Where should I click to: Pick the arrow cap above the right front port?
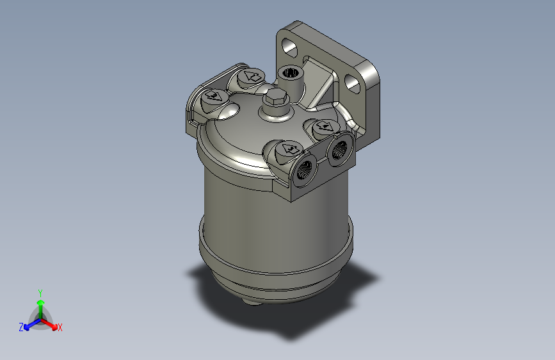(324, 129)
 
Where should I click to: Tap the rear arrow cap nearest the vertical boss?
(250, 78)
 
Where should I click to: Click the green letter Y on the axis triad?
(40, 291)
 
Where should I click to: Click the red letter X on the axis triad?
(60, 328)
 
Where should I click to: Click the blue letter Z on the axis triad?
(21, 327)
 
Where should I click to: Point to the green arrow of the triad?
(40, 305)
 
